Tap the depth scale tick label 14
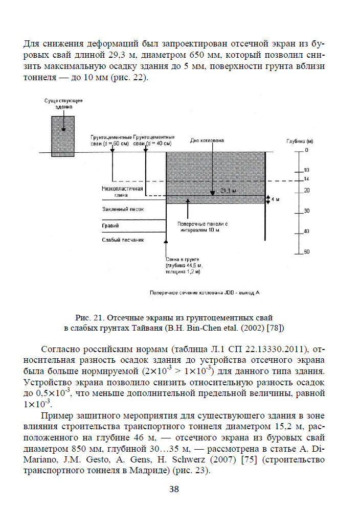307,179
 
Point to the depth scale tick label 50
307,252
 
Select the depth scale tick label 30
307,211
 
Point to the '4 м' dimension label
276,199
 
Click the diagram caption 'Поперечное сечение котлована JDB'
205,293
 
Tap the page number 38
174,490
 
